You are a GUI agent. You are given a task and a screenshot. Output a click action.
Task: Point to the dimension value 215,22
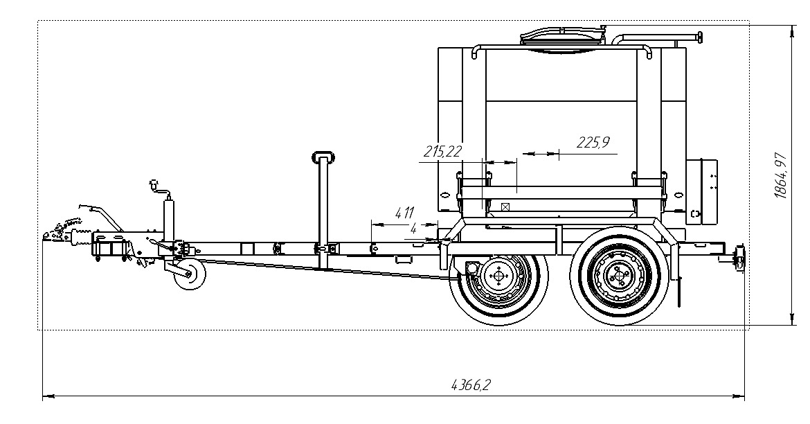(443, 150)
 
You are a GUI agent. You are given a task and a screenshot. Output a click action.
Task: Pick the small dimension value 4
(413, 229)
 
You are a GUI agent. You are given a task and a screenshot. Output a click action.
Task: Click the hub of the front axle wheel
(497, 276)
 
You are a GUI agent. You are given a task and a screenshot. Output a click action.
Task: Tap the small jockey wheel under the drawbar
(188, 274)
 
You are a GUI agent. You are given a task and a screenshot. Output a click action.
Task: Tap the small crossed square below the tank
(505, 206)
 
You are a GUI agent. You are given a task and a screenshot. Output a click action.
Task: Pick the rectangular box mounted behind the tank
(701, 191)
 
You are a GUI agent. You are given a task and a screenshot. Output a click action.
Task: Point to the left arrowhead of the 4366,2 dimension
(46, 397)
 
